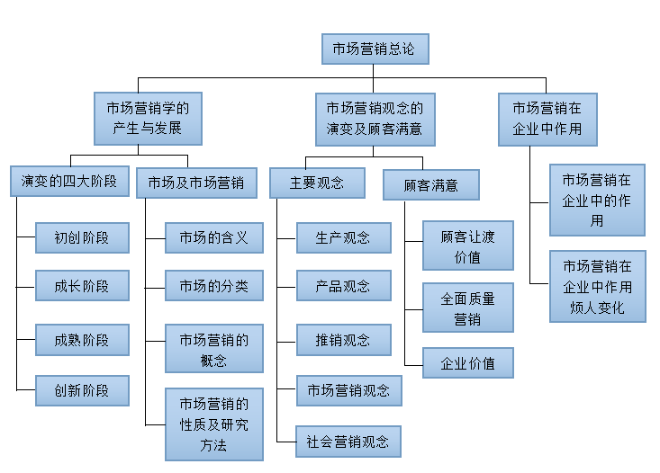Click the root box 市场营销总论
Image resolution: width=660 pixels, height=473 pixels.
point(375,49)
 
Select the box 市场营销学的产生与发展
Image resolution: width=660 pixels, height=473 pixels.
point(148,118)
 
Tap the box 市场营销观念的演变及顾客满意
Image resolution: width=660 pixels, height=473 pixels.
point(375,118)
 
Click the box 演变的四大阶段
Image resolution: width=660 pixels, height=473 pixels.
point(70,182)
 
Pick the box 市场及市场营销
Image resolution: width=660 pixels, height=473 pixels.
point(195,182)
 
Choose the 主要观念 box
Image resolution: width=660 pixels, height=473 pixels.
point(317,183)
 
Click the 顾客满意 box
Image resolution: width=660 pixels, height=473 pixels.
point(430,185)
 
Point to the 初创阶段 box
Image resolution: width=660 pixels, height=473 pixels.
point(82,238)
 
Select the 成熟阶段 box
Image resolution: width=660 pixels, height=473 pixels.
point(82,340)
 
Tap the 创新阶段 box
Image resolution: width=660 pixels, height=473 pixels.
point(82,390)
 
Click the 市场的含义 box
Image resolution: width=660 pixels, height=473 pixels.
point(214,238)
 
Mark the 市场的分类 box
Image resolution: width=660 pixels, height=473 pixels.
point(214,286)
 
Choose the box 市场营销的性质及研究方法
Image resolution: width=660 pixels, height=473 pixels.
point(214,424)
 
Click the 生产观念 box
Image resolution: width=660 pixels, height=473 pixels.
point(343,238)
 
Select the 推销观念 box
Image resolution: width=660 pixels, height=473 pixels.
point(343,340)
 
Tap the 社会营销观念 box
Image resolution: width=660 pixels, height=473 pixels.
point(348,442)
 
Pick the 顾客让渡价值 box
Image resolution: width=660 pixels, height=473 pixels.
point(468,245)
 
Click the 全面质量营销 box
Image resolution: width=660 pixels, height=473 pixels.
point(468,308)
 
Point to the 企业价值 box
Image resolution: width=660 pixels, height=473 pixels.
point(468,363)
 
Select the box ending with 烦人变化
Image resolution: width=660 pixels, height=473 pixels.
point(598,287)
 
